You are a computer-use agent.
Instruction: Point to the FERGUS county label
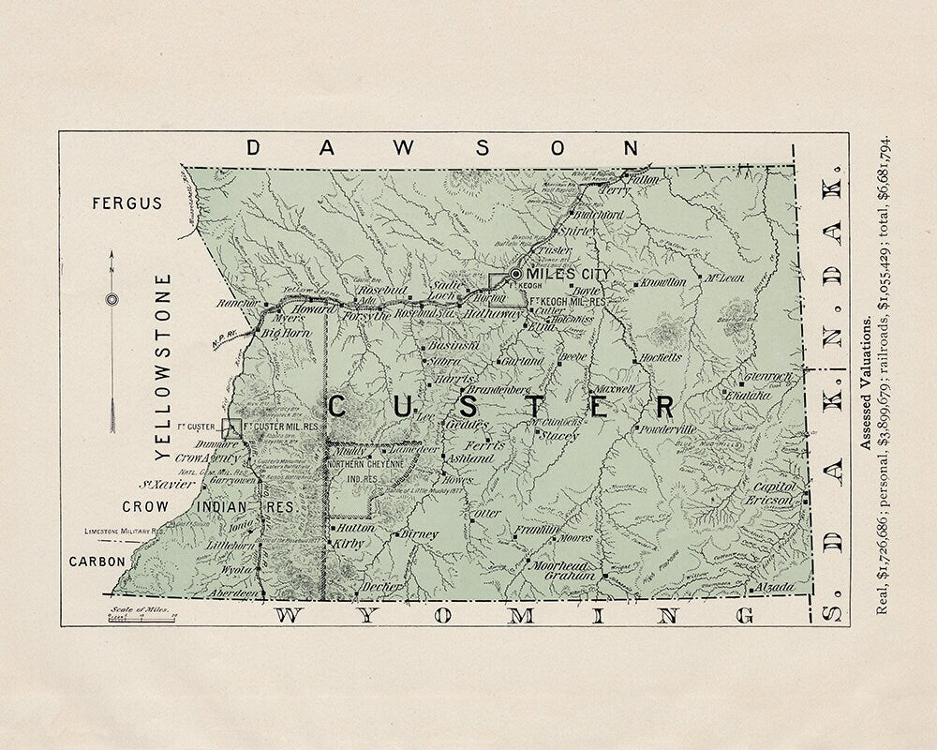[127, 202]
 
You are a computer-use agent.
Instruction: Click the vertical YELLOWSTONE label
[165, 367]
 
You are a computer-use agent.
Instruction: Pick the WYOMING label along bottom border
[515, 615]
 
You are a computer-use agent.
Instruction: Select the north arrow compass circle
[112, 300]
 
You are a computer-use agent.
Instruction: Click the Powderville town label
[668, 428]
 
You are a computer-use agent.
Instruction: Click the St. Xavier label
[167, 485]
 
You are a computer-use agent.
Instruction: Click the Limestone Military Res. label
[126, 531]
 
